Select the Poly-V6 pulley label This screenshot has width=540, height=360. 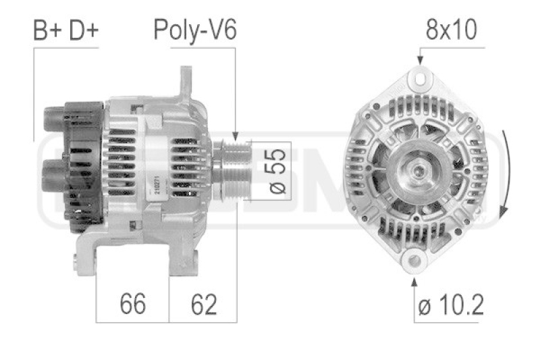pos(195,30)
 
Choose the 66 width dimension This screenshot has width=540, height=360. pos(132,305)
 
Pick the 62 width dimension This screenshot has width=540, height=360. pos(203,305)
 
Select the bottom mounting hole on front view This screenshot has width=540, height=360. pos(413,261)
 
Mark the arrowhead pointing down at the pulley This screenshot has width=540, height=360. pos(236,137)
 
